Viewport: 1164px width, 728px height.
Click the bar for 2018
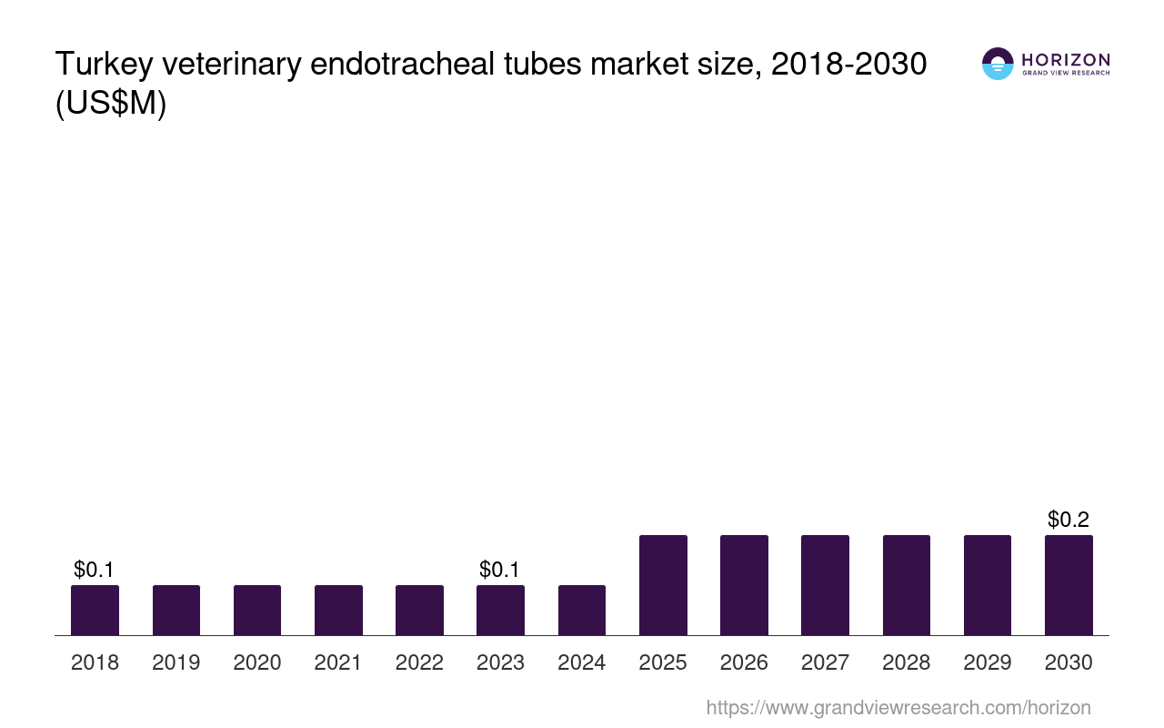(95, 610)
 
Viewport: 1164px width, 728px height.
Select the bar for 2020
(257, 610)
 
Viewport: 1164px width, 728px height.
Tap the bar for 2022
(419, 610)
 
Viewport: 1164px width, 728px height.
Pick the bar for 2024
(582, 610)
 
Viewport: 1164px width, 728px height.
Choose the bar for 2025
(663, 585)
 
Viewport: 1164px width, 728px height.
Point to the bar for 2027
(825, 585)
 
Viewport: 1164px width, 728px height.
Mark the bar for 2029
(988, 585)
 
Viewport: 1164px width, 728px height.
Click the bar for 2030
(1069, 585)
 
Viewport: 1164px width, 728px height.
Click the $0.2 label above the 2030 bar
(1069, 520)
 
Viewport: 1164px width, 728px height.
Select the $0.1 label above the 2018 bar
(95, 570)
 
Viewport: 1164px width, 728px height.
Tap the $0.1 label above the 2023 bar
(500, 570)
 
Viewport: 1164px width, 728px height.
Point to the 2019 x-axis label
(176, 662)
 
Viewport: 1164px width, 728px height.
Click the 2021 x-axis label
(338, 662)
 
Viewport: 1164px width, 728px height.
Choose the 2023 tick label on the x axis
(500, 662)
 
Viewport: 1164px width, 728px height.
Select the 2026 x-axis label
(744, 662)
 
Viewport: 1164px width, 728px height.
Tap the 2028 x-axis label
(907, 662)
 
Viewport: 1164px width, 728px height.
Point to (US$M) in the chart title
(111, 104)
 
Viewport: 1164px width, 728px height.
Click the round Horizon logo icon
(998, 64)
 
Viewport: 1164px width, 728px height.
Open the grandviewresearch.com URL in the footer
(898, 707)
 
